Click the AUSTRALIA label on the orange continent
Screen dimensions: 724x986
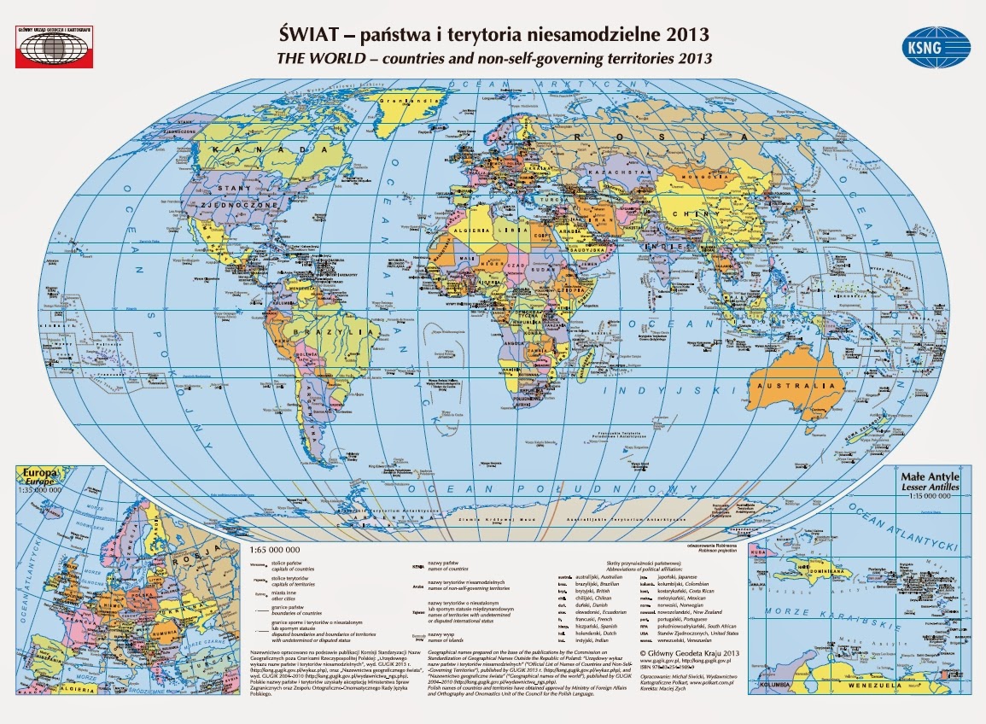tap(796, 387)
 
